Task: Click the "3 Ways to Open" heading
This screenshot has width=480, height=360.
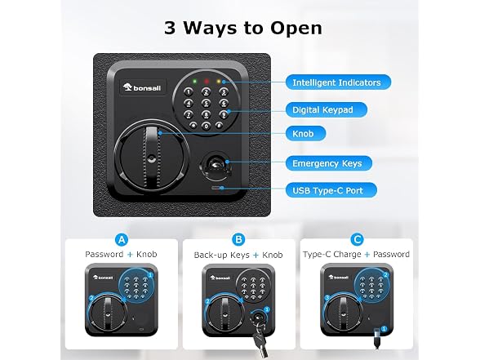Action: [243, 28]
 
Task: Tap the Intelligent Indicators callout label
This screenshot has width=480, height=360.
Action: [338, 82]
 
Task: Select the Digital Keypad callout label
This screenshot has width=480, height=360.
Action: [326, 109]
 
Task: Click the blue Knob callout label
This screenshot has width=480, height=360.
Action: [305, 134]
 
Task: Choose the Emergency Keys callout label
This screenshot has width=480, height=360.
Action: [329, 163]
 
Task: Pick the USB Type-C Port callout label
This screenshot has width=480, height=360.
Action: [331, 190]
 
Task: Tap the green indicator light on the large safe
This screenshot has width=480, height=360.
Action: [194, 82]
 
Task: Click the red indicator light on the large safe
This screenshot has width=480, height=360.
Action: [207, 82]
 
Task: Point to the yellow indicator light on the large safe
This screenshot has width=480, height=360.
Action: [219, 82]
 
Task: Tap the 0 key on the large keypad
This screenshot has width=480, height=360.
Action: [207, 126]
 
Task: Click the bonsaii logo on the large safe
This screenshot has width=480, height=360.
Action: [142, 88]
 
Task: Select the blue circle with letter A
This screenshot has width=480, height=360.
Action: [122, 239]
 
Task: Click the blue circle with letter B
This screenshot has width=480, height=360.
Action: [238, 239]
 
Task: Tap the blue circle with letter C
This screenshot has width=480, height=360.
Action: [357, 239]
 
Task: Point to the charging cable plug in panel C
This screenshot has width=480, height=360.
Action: [377, 337]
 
